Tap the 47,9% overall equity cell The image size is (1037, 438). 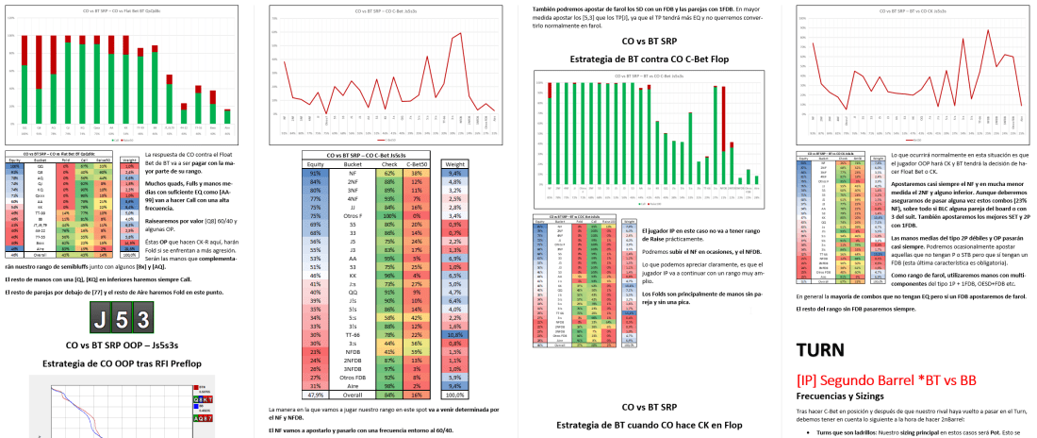316,395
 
